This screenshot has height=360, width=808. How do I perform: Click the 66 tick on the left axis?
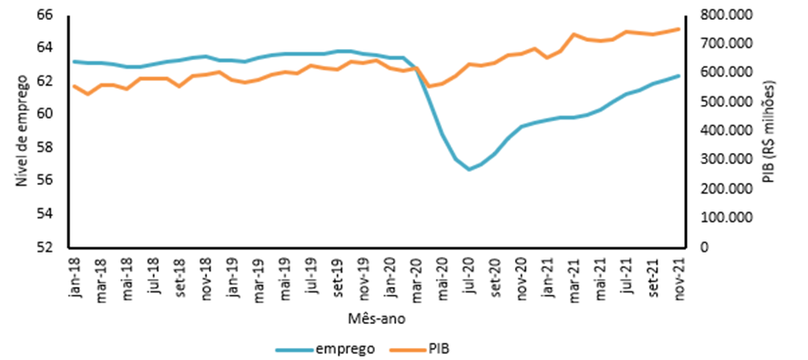coord(45,15)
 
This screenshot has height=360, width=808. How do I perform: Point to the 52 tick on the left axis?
coord(45,247)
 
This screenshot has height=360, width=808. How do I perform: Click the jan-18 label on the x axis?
coord(75,277)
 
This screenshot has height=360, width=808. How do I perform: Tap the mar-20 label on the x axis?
coord(416,277)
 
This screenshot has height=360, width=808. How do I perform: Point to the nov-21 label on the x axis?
coord(679,277)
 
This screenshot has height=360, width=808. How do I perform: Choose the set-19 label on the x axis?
coord(338,276)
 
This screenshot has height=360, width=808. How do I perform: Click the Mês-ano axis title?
coord(376,318)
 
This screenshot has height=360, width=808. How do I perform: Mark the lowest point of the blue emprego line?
coord(469,169)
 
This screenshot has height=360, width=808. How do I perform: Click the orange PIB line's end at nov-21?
coord(679,28)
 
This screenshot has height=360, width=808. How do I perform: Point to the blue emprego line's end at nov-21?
coord(679,76)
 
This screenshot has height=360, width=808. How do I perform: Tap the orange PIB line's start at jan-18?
coord(74,86)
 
